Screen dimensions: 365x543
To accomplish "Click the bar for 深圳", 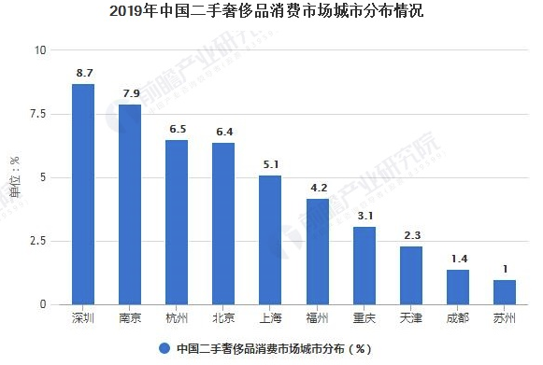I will pyautogui.click(x=83, y=194).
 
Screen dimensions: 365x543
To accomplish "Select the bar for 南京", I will pyautogui.click(x=130, y=204).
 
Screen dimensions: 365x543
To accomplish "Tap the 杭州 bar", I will pyautogui.click(x=177, y=222).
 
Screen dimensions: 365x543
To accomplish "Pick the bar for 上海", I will pyautogui.click(x=270, y=240).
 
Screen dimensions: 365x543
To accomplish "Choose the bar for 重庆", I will pyautogui.click(x=364, y=265).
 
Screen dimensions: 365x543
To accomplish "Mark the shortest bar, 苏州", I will pyautogui.click(x=505, y=292).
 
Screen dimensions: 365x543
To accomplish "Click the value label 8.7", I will pyautogui.click(x=83, y=71).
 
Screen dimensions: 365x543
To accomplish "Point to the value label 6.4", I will pyautogui.click(x=223, y=131).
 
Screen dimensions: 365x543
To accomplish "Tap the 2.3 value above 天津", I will pyautogui.click(x=411, y=234).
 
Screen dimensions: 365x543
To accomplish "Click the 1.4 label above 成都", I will pyautogui.click(x=458, y=258).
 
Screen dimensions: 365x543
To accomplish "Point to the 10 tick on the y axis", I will pyautogui.click(x=39, y=50).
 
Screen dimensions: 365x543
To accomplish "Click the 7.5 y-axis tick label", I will pyautogui.click(x=36, y=114).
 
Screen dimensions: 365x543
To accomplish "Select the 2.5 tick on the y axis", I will pyautogui.click(x=36, y=241).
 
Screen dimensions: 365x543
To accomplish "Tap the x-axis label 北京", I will pyautogui.click(x=223, y=318).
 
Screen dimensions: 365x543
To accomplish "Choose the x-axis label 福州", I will pyautogui.click(x=317, y=318).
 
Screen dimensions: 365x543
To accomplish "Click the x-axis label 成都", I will pyautogui.click(x=458, y=318).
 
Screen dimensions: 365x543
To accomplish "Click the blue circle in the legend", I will pyautogui.click(x=164, y=348).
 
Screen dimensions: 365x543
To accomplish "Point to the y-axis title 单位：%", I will pyautogui.click(x=14, y=177).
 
